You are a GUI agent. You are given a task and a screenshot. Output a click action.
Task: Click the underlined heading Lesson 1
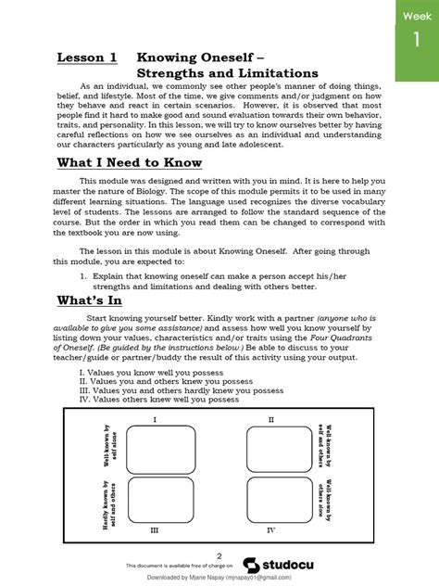point(87,57)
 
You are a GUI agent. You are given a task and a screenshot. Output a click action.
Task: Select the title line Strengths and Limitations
point(227,73)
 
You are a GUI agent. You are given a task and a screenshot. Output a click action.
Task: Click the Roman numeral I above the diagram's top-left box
point(154,419)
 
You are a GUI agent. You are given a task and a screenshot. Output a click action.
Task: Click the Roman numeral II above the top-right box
point(270,419)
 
